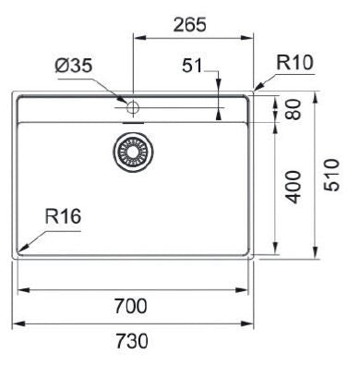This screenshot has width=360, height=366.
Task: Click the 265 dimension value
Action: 189,25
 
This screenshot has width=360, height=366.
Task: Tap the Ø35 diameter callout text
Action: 74,66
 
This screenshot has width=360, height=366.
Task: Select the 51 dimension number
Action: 192,66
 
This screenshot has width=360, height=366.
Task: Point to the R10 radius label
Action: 294,62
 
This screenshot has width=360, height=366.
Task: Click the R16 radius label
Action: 63,216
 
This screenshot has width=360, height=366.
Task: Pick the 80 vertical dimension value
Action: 293,109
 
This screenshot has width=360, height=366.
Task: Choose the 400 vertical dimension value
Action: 293,187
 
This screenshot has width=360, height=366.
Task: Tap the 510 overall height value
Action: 332,175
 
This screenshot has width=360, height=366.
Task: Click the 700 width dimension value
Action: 131,306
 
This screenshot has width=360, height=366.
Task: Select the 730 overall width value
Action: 132,341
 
